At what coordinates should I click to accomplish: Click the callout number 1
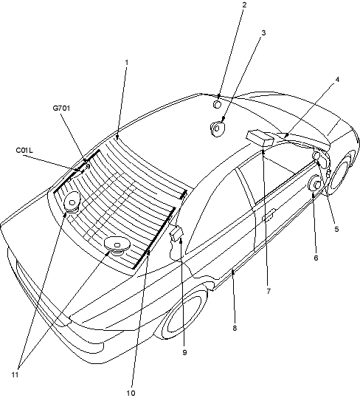pyautogui.click(x=127, y=62)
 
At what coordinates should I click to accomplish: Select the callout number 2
pyautogui.click(x=244, y=4)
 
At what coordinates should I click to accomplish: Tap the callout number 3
pyautogui.click(x=263, y=32)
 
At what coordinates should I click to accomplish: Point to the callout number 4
pyautogui.click(x=337, y=80)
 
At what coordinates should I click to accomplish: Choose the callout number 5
pyautogui.click(x=336, y=229)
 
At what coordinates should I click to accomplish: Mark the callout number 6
pyautogui.click(x=316, y=258)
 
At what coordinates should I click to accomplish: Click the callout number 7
pyautogui.click(x=269, y=291)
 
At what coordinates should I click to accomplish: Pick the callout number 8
pyautogui.click(x=235, y=328)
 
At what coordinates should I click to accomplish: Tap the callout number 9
pyautogui.click(x=184, y=352)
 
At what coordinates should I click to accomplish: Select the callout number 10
pyautogui.click(x=131, y=393)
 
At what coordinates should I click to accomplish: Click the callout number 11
pyautogui.click(x=15, y=374)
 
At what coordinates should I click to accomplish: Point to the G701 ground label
pyautogui.click(x=61, y=108)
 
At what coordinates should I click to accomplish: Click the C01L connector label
pyautogui.click(x=24, y=151)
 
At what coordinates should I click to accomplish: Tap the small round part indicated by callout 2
pyautogui.click(x=217, y=104)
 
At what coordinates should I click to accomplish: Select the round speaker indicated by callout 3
pyautogui.click(x=218, y=128)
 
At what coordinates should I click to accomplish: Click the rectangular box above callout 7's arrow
pyautogui.click(x=260, y=138)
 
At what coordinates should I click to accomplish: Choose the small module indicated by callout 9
pyautogui.click(x=176, y=233)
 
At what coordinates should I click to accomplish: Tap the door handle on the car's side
pyautogui.click(x=269, y=215)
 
